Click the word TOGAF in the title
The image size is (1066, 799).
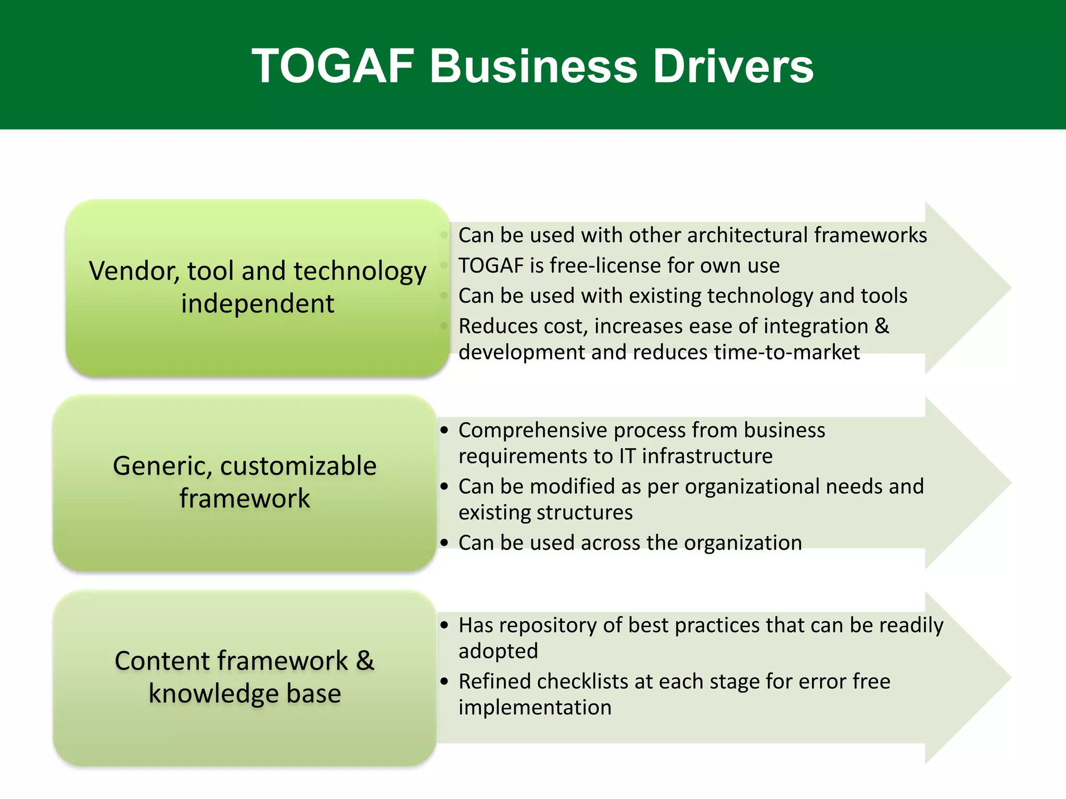coord(333,66)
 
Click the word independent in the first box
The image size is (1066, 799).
coord(258,303)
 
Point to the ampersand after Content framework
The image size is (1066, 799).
coord(365,661)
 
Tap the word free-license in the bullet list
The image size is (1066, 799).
coord(603,265)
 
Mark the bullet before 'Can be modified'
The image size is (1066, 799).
coord(444,486)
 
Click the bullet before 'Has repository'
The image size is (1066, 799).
coord(444,625)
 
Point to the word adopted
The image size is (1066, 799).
coord(498,651)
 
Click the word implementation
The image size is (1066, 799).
coord(535,707)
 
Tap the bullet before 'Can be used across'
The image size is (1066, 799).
coord(444,543)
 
